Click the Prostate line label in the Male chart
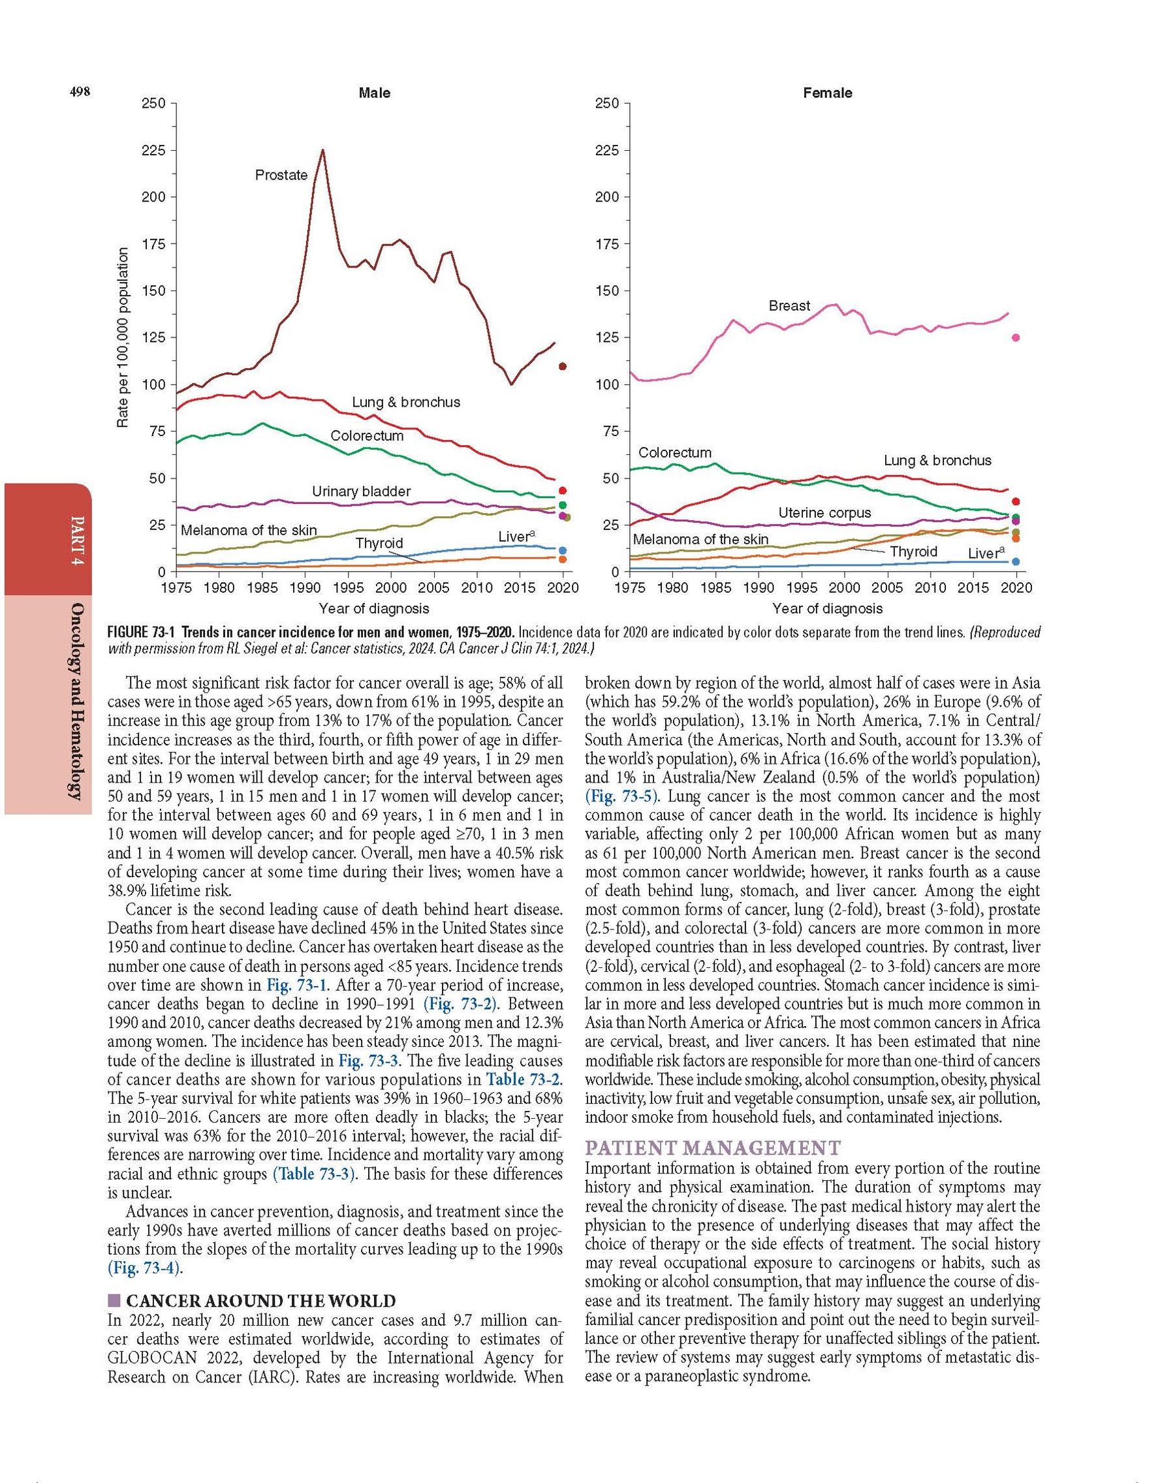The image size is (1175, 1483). point(281,176)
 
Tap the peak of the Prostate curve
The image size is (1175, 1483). point(322,151)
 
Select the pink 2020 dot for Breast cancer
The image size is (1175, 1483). point(1016,337)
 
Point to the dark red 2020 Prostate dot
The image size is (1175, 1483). point(563,367)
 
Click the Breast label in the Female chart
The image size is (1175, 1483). point(789,305)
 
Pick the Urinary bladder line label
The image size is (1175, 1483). point(360,491)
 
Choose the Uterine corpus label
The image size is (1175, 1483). point(824,512)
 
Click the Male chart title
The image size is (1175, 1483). point(374,93)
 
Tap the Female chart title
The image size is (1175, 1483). point(827,93)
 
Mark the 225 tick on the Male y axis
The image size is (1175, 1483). point(153,151)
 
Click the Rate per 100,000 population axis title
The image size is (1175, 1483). point(123,337)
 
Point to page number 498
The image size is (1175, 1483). point(80,92)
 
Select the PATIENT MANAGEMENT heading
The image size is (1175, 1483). point(712,1148)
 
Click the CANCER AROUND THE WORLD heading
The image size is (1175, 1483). point(260,1301)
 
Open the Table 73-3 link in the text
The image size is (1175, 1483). point(314,1174)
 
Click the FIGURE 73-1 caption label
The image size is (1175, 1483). point(142,632)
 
